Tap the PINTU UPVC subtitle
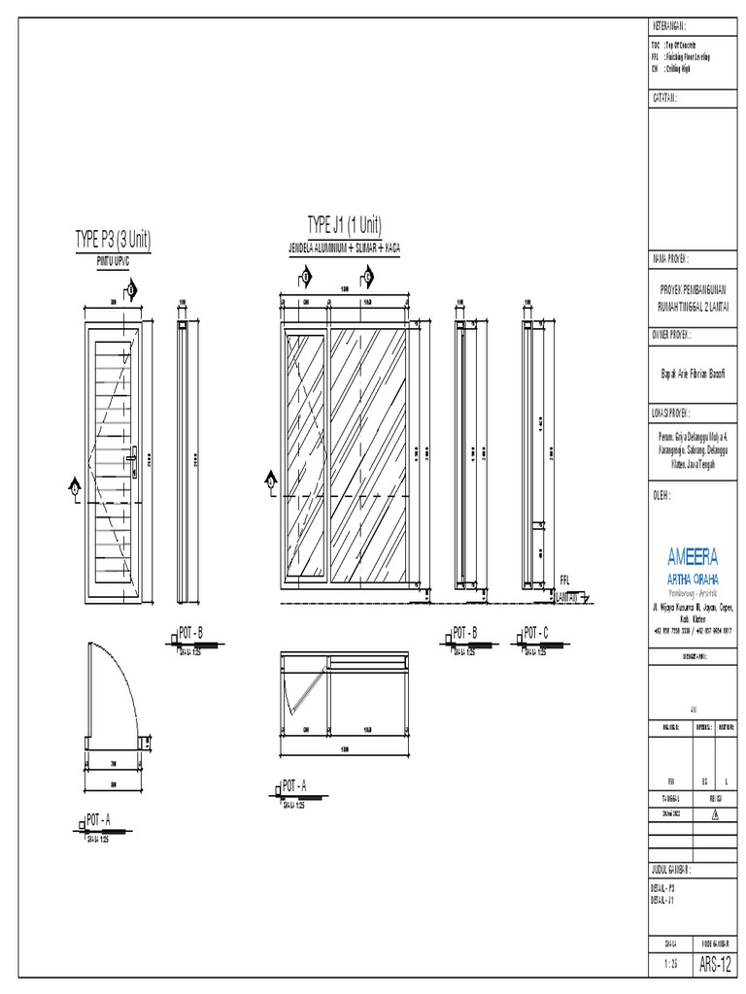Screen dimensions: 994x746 click(113, 261)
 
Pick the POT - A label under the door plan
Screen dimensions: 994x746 click(99, 820)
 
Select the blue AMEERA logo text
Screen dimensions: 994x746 click(693, 556)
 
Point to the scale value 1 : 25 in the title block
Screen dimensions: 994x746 click(670, 965)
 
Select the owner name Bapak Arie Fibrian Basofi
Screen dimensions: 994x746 click(694, 373)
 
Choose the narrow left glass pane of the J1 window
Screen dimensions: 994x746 click(307, 456)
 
